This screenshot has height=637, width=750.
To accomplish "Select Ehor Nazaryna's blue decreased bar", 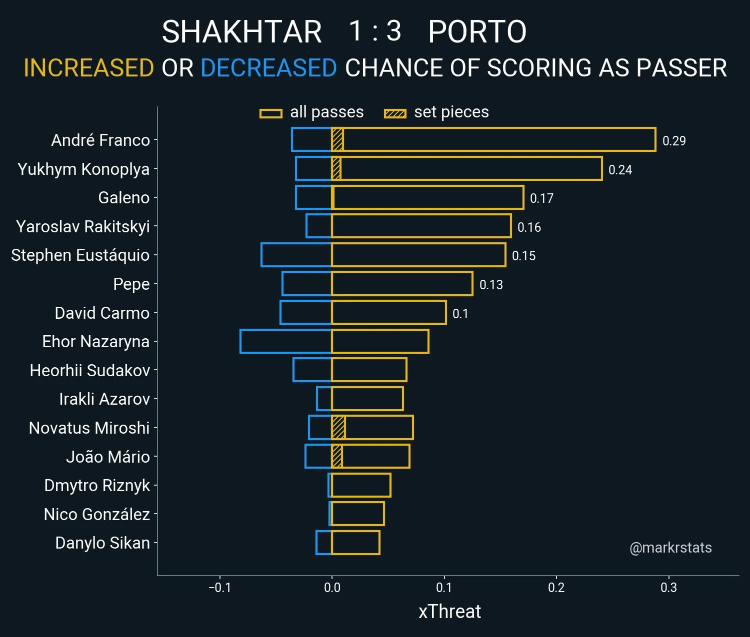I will (x=285, y=341).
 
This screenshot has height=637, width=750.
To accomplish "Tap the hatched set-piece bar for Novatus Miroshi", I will (x=338, y=428).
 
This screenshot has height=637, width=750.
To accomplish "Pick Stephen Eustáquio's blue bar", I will (x=296, y=255).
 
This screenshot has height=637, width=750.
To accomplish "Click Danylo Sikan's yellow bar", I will (x=355, y=543).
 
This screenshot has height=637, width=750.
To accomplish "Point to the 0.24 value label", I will (x=620, y=170).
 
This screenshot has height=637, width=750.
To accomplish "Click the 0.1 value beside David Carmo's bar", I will (x=460, y=314).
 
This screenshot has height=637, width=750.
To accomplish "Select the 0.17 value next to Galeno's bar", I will (x=541, y=198).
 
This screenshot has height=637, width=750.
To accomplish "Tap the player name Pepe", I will (x=131, y=284).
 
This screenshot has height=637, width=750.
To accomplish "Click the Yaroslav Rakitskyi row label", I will (x=83, y=226).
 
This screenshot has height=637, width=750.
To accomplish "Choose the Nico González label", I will (x=97, y=514).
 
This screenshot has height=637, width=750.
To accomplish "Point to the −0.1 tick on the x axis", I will (x=219, y=588).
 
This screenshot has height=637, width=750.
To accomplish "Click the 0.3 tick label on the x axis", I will (x=668, y=588).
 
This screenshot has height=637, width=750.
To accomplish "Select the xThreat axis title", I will (x=449, y=612).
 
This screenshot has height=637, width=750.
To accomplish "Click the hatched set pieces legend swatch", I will (x=395, y=113).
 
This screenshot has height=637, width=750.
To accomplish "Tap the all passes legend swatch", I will (x=271, y=113).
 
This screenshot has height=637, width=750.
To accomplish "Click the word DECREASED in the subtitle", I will (x=268, y=68).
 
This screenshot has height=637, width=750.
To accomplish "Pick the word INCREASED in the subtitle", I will (x=89, y=68).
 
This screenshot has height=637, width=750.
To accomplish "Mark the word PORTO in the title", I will (x=477, y=31).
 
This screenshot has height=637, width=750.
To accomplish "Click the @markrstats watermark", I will (x=670, y=548).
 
